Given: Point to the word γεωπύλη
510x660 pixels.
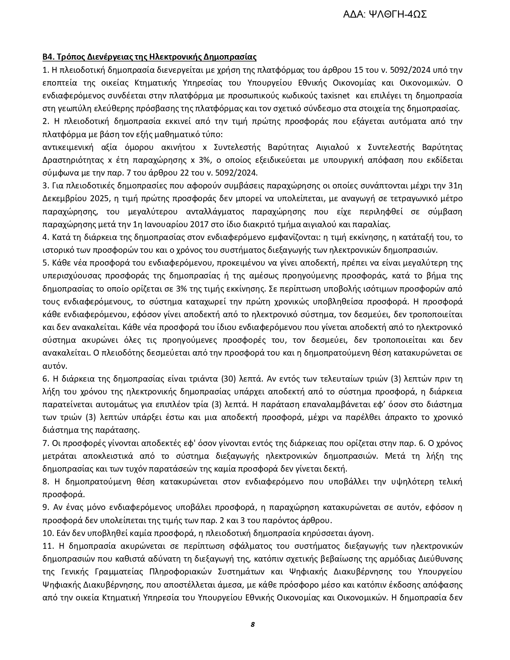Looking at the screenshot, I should pyautogui.click(x=73, y=108).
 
